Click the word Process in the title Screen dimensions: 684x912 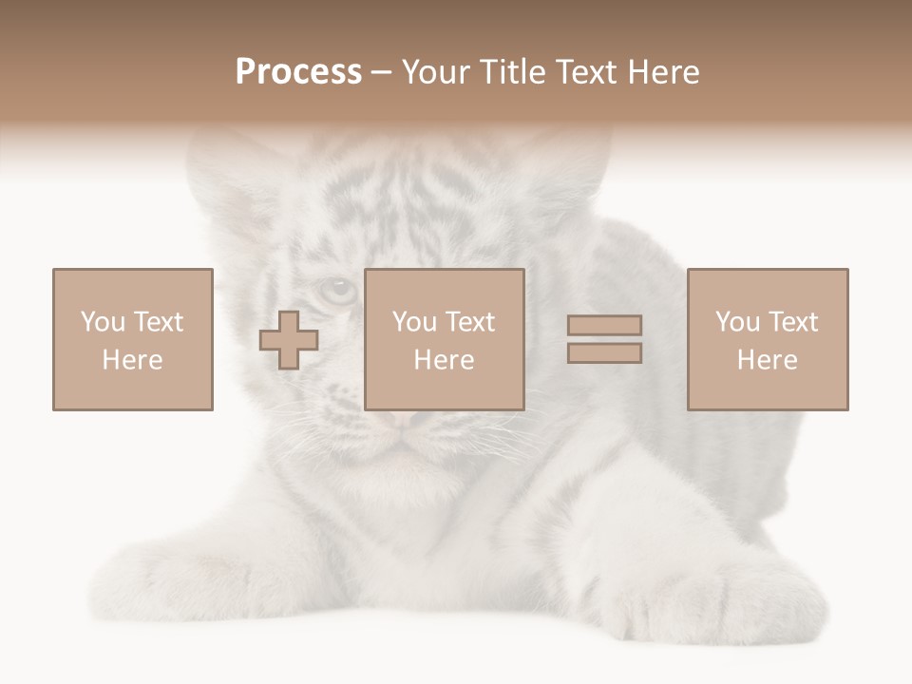click(298, 72)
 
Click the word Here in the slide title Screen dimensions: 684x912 click(666, 72)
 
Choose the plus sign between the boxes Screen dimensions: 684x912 click(289, 340)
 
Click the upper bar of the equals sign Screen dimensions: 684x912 click(604, 326)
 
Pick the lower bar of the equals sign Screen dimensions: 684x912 click(604, 353)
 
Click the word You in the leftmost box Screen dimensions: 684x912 click(102, 322)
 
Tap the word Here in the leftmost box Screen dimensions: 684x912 click(132, 360)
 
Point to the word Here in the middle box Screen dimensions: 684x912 click(444, 360)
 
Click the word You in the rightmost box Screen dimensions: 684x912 click(736, 322)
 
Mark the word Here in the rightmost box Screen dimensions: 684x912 click(767, 360)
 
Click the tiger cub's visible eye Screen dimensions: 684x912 click(336, 290)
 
